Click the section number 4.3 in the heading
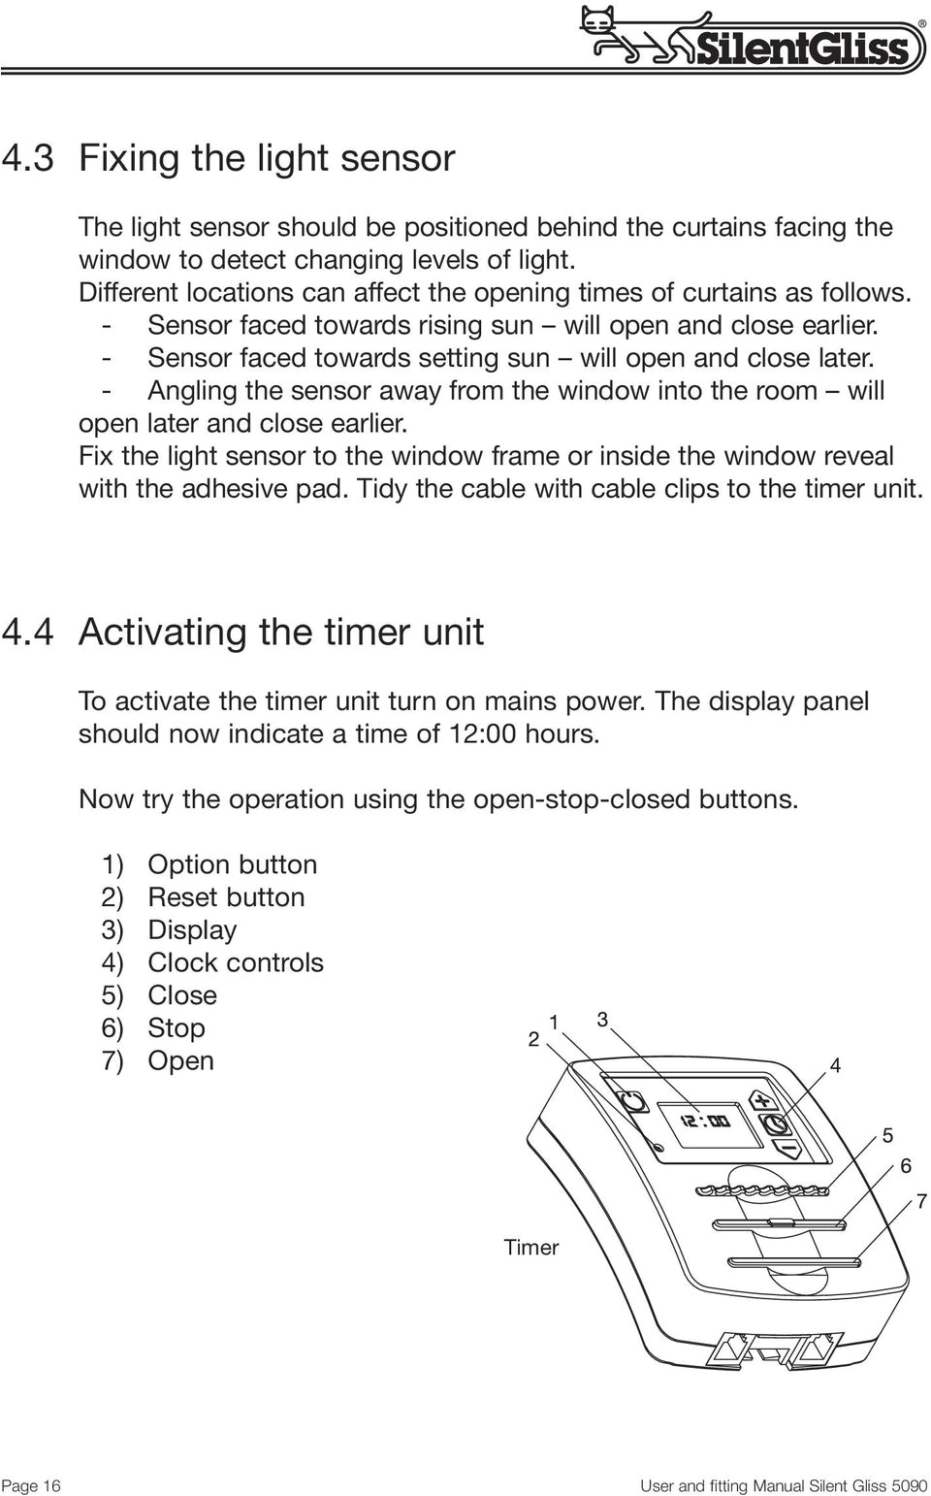click(x=28, y=157)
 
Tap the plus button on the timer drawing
click(x=762, y=1100)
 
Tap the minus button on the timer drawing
click(x=787, y=1149)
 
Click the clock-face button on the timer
click(x=776, y=1124)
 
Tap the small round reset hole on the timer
click(x=660, y=1148)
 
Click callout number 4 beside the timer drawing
click(x=834, y=1065)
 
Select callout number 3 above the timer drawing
click(x=602, y=1020)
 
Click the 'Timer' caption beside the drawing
click(x=530, y=1248)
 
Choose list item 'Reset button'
click(x=225, y=897)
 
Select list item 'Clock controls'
click(x=235, y=962)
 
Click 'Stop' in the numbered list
click(x=176, y=1027)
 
